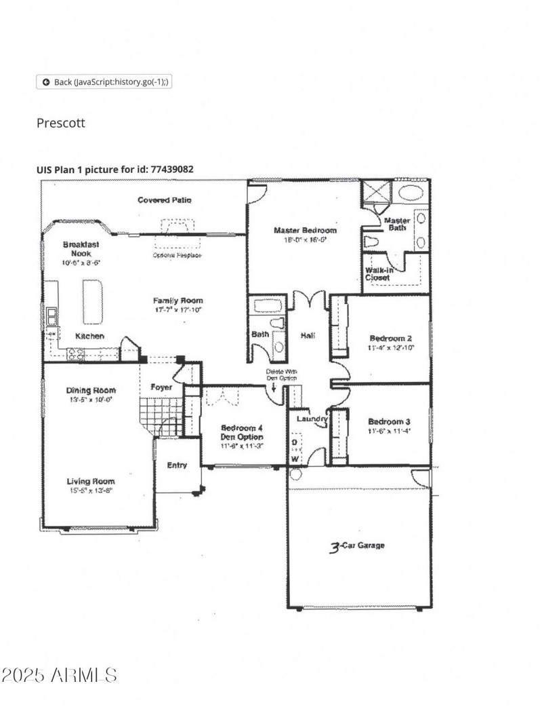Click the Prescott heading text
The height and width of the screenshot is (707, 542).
point(61,123)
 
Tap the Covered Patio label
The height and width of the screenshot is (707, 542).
point(164,200)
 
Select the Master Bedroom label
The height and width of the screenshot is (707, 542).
point(304,231)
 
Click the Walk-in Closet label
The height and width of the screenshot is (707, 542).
point(377,274)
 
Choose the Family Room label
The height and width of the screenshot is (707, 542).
point(178,301)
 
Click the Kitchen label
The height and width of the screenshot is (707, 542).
point(89,336)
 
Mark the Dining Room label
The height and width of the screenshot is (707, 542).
point(90,391)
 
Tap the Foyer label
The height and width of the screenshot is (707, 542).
point(161,387)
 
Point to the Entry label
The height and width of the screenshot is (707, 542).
point(178,465)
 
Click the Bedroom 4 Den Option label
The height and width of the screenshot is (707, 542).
point(242,432)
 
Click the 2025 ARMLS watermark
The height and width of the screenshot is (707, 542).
point(60,675)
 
